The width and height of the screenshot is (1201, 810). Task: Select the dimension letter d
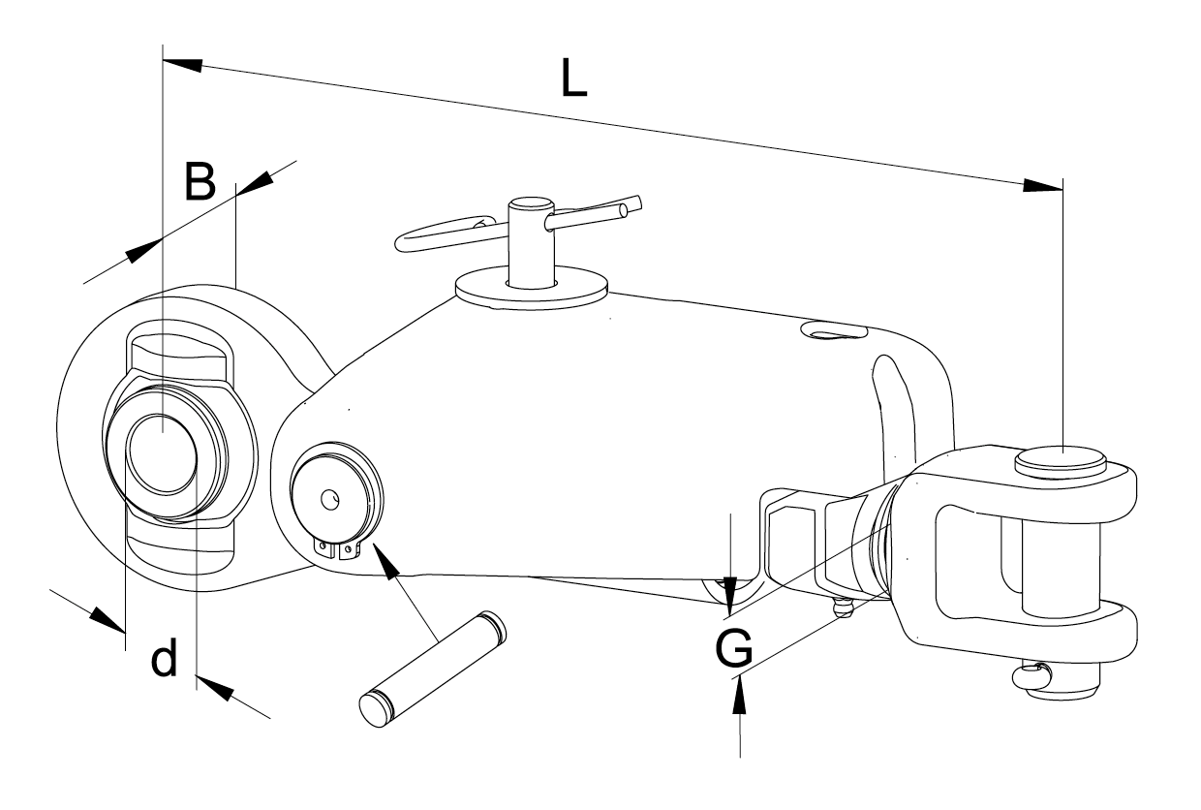tap(165, 660)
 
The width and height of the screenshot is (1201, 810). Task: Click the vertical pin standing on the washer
tap(530, 242)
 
